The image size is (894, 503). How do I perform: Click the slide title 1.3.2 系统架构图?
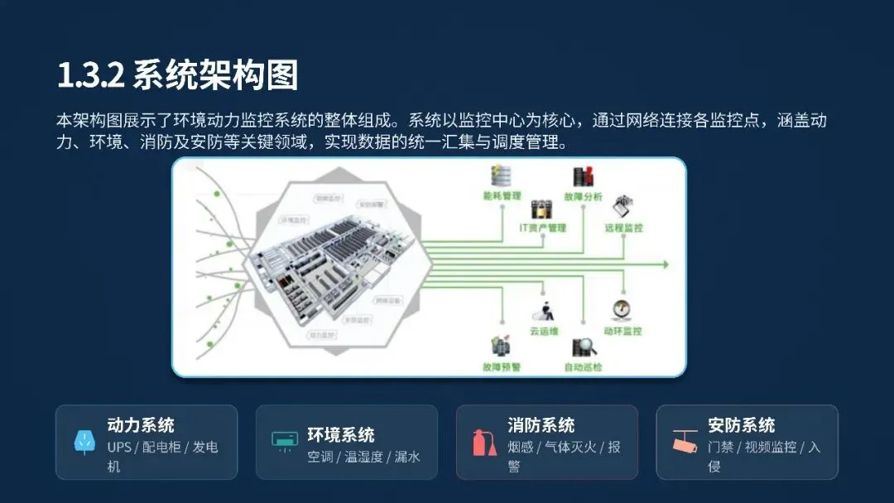[x=177, y=76]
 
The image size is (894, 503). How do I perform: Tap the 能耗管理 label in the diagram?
[x=502, y=196]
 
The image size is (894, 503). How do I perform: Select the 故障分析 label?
[x=583, y=198]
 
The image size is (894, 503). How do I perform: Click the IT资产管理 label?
[x=542, y=228]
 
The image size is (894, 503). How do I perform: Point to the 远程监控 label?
[x=623, y=228]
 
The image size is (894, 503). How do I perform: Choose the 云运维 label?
[x=544, y=331]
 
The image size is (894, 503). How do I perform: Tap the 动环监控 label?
[x=622, y=331]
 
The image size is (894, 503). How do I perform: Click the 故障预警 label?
[x=502, y=366]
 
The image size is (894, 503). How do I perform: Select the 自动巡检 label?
[x=583, y=366]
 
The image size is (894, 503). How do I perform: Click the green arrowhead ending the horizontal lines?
[x=664, y=265]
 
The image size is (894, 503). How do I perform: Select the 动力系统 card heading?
[x=141, y=426]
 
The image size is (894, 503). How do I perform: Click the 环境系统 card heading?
[x=341, y=435]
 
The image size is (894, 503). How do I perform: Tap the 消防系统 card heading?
[x=541, y=426]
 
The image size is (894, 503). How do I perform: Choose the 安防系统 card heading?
[x=742, y=426]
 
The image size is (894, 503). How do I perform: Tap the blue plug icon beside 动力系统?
[x=84, y=442]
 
